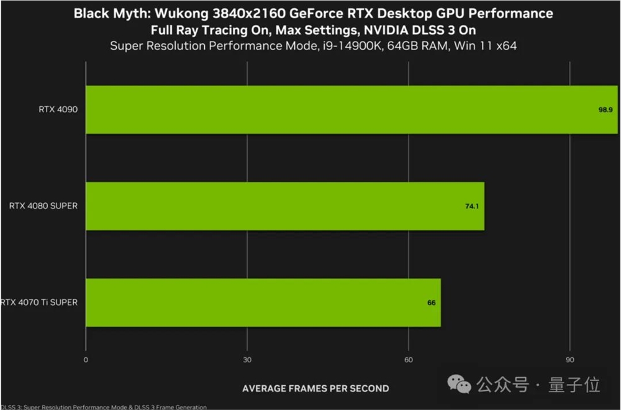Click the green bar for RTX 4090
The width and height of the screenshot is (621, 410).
pyautogui.click(x=351, y=110)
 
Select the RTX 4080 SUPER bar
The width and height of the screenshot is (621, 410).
pyautogui.click(x=284, y=206)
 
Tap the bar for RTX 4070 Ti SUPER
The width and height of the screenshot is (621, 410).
pyautogui.click(x=263, y=303)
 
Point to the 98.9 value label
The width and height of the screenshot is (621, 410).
pyautogui.click(x=605, y=110)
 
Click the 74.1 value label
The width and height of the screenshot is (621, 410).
pyautogui.click(x=472, y=206)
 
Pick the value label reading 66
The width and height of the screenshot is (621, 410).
pyautogui.click(x=431, y=303)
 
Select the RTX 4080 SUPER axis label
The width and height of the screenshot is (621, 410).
pyautogui.click(x=43, y=206)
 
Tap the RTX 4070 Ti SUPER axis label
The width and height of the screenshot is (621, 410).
pyautogui.click(x=39, y=303)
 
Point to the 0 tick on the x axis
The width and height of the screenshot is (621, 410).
pyautogui.click(x=86, y=360)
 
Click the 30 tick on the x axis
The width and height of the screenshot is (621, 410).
pyautogui.click(x=247, y=360)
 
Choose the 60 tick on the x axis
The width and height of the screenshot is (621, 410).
pyautogui.click(x=409, y=360)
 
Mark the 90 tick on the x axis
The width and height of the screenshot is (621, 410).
pyautogui.click(x=570, y=360)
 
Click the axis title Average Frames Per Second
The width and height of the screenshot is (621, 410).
pyautogui.click(x=315, y=388)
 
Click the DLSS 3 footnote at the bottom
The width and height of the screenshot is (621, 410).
pyautogui.click(x=103, y=407)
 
